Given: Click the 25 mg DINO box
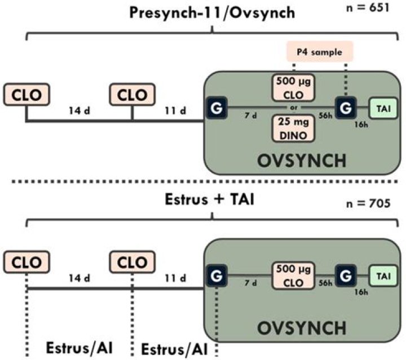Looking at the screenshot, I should (293, 128).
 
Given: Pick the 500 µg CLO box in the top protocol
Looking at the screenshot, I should (293, 87).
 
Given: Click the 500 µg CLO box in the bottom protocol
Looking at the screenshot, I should (293, 276).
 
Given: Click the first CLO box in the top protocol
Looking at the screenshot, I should (25, 95).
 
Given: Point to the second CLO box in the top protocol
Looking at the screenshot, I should (132, 95).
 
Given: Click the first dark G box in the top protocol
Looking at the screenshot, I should (216, 106).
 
